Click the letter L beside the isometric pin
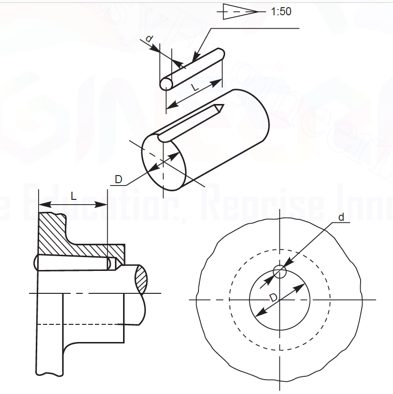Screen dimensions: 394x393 point(194,87)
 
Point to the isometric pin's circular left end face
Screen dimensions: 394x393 point(166,84)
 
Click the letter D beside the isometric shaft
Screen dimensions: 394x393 point(119,179)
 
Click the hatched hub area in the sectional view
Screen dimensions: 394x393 point(72,238)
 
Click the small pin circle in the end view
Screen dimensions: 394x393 point(279,272)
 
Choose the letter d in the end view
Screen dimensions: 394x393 point(341,218)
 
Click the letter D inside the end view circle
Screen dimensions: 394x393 point(272,298)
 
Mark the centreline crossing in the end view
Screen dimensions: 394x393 point(279,300)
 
